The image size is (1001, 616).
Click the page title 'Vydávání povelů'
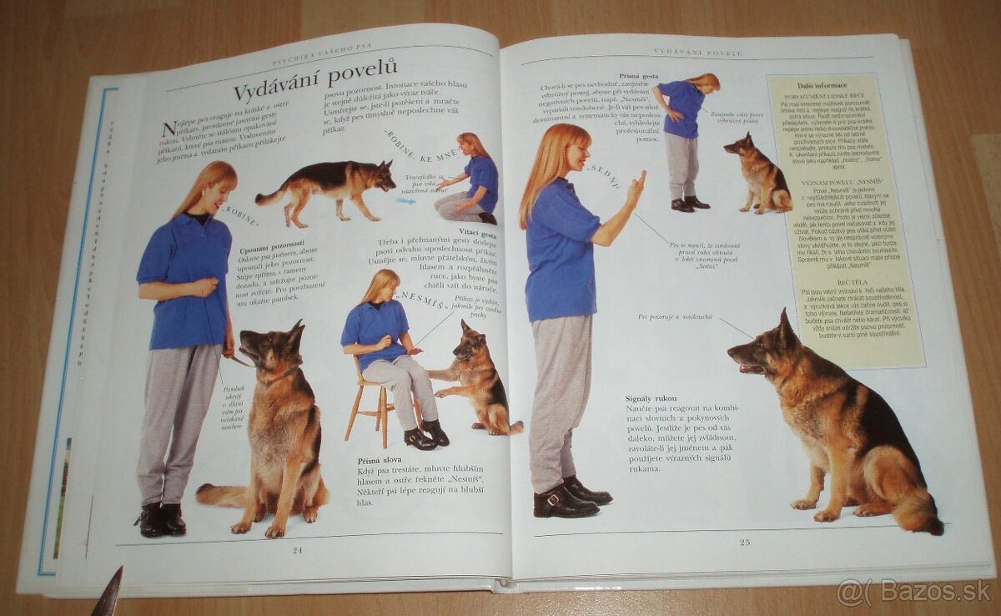[x=314, y=80]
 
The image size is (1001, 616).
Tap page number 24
[x=298, y=549]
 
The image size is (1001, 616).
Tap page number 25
[x=744, y=542]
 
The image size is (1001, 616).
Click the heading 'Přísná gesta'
[x=640, y=76]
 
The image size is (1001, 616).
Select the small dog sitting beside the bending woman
[x=760, y=173]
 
